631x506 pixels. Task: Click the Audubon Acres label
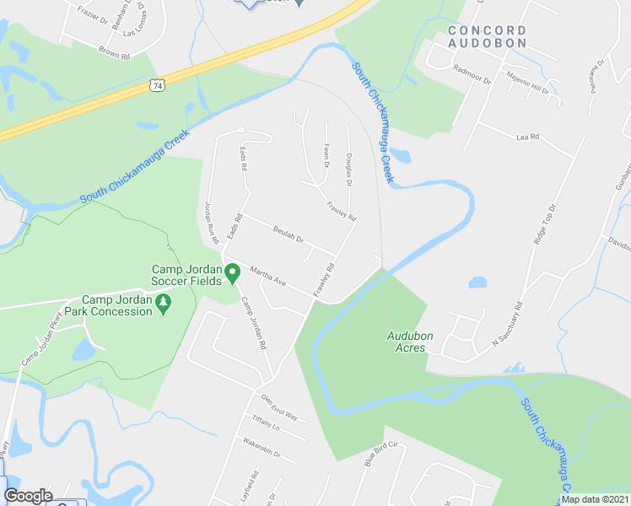pos(410,341)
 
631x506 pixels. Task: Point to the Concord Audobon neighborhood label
pos(488,35)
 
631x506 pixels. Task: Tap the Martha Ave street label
pos(269,276)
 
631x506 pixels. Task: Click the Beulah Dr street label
pos(288,234)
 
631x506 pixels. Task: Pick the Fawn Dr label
pos(326,156)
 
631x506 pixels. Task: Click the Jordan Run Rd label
pos(212,222)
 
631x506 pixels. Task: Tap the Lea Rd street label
pos(527,137)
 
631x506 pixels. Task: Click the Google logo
pos(28,496)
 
